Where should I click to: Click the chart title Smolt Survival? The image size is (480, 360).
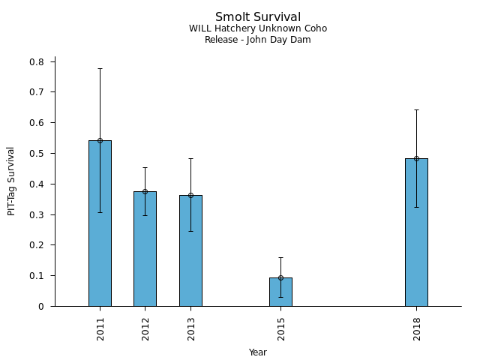(x=258, y=16)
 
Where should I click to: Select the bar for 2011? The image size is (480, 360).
(x=100, y=223)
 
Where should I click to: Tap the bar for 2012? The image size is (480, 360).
(x=145, y=249)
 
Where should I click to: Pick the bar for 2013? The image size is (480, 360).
(x=190, y=250)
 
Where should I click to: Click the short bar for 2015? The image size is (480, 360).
(x=280, y=292)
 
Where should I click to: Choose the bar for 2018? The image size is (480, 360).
(x=417, y=232)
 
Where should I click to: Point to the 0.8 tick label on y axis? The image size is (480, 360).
(x=37, y=61)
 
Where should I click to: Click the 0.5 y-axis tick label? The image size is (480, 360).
(x=37, y=153)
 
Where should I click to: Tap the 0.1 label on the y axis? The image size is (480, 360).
(x=37, y=276)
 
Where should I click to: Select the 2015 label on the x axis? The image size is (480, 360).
(x=281, y=329)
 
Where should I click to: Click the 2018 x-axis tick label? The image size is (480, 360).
(x=417, y=329)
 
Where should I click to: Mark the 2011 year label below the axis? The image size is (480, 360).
(x=100, y=329)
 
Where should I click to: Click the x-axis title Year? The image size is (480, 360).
(x=258, y=352)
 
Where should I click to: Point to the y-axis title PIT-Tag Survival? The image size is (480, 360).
(x=11, y=181)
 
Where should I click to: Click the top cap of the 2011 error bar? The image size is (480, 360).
(x=100, y=68)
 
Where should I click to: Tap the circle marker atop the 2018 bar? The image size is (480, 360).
(x=417, y=158)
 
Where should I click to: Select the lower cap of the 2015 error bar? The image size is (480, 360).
(x=280, y=297)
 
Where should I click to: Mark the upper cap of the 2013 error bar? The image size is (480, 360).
(x=190, y=158)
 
